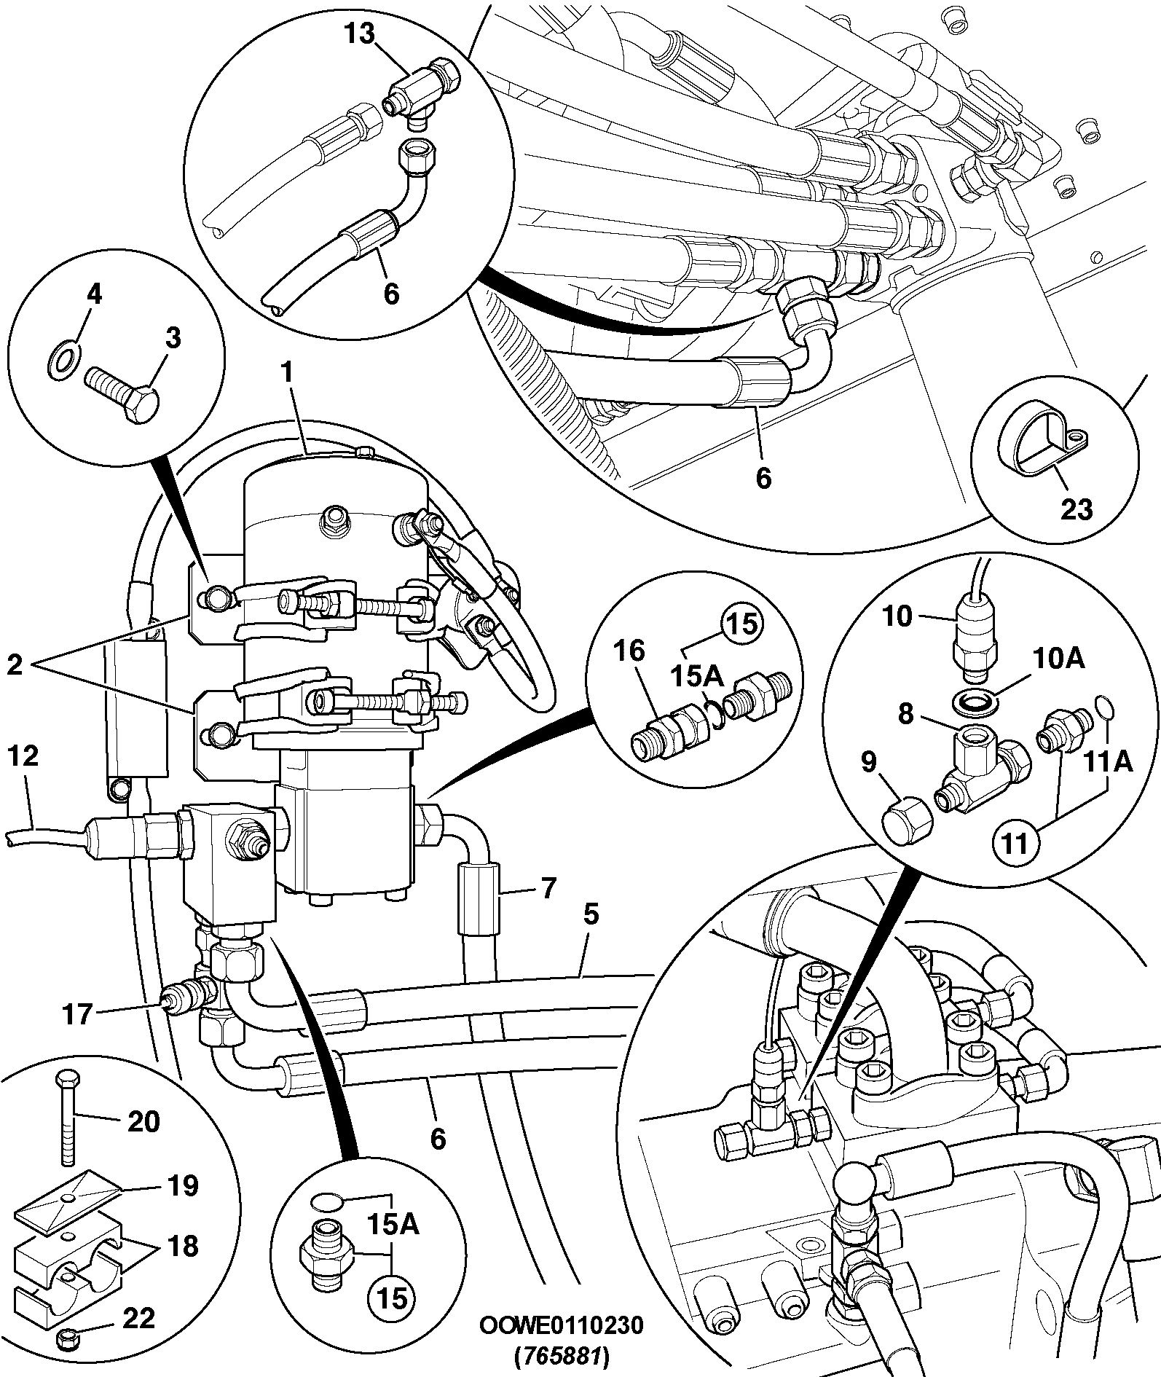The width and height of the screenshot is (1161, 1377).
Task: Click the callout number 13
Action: pos(359,34)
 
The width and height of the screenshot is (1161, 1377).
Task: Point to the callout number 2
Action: pos(15,664)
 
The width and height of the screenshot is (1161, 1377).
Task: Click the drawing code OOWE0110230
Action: pos(561,1325)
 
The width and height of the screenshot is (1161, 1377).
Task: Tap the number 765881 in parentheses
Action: pos(561,1357)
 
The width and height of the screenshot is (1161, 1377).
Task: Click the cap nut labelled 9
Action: pos(908,823)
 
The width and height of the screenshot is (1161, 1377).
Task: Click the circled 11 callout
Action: pos(1015,844)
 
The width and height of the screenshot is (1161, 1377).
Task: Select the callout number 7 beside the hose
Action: pos(548,888)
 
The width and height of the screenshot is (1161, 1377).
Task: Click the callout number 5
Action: pos(591,914)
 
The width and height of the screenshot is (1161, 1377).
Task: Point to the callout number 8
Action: pos(905,714)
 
